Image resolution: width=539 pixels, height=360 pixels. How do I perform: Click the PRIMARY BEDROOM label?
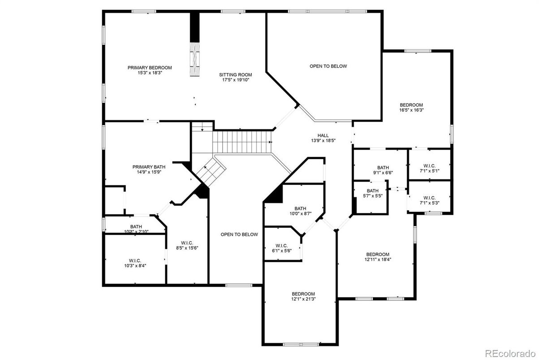tap(150, 68)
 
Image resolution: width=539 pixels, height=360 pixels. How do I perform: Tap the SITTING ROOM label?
tap(236, 75)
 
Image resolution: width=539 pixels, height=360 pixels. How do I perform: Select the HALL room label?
tap(323, 135)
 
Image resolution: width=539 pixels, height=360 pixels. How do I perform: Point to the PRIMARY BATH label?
tap(149, 167)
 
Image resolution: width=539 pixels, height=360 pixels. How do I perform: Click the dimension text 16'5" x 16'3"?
tap(411, 110)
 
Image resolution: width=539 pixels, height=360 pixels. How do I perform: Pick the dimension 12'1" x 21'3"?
tap(303, 299)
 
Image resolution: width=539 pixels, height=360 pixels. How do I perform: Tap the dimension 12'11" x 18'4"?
tap(378, 260)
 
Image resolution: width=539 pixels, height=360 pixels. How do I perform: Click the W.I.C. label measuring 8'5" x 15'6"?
tap(187, 243)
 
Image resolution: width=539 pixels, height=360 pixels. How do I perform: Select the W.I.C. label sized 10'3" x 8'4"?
tap(135, 261)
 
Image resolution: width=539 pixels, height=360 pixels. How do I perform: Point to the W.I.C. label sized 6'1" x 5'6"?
tap(281, 245)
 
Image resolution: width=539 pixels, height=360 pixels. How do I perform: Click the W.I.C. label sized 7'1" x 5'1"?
tap(430, 166)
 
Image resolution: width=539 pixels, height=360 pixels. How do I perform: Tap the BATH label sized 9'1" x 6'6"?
tap(383, 167)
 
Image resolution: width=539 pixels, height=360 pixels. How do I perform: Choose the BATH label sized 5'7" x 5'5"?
tap(373, 191)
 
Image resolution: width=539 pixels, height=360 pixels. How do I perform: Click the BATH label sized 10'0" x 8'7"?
tap(301, 209)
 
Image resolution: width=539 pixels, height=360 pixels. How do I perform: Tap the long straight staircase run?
tap(242, 142)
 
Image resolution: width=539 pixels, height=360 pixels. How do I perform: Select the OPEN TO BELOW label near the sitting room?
tap(328, 66)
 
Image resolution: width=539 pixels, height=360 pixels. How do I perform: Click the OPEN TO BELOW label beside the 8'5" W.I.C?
tap(239, 235)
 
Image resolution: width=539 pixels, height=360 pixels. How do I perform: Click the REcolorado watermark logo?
tap(510, 353)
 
